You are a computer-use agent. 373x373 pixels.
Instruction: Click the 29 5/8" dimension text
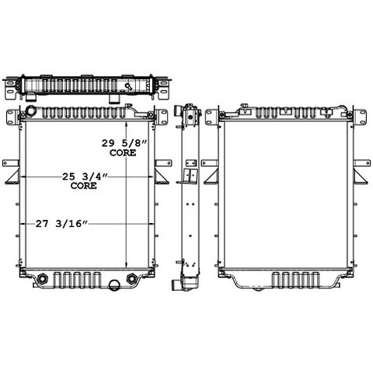tap(124, 143)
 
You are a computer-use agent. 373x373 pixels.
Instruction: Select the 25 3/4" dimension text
tap(85, 177)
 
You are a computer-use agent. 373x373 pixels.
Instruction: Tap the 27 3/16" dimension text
tap(62, 224)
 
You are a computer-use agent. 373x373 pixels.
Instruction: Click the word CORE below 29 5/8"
tap(123, 153)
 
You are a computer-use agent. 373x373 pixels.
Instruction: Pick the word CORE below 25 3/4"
tap(84, 186)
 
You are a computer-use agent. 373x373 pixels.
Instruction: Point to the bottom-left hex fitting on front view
tap(42, 279)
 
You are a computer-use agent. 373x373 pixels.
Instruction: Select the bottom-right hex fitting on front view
tap(132, 278)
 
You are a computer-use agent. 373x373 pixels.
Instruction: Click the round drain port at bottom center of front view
tap(113, 285)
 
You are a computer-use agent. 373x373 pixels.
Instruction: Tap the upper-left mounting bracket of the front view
tap(11, 117)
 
